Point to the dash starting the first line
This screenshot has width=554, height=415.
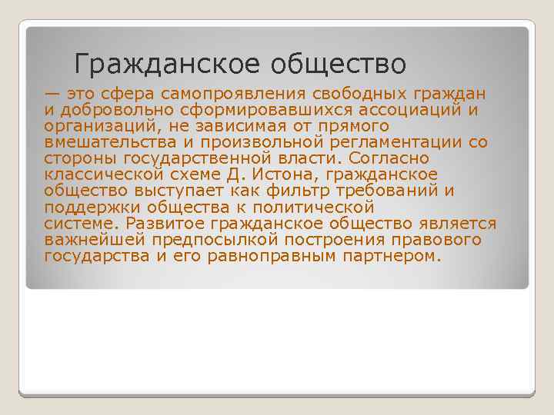[x=52, y=94]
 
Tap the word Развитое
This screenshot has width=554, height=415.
[x=161, y=224]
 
